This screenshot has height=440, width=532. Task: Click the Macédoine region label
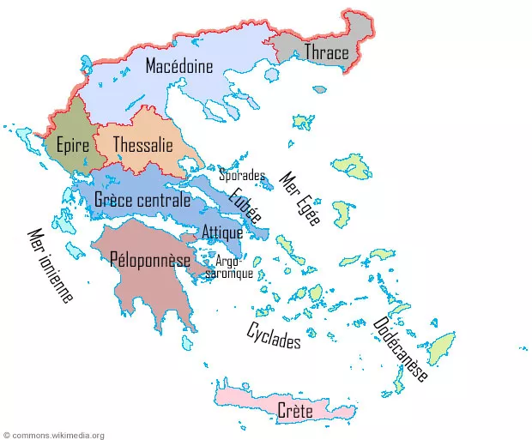[x=180, y=66]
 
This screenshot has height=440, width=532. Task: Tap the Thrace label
[x=326, y=53]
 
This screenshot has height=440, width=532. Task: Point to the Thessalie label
[x=142, y=144]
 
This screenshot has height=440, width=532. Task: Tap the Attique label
[x=223, y=232]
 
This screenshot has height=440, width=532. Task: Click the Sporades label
[x=241, y=176]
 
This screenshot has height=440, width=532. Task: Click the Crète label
[x=295, y=412]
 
